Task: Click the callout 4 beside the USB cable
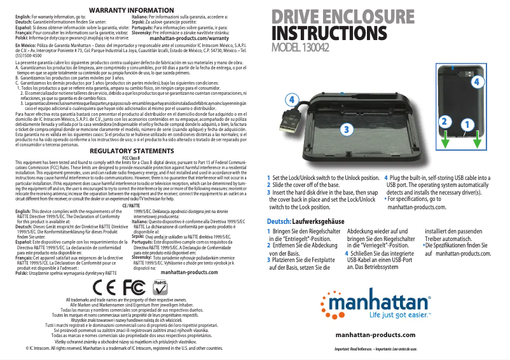pos(291,100)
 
